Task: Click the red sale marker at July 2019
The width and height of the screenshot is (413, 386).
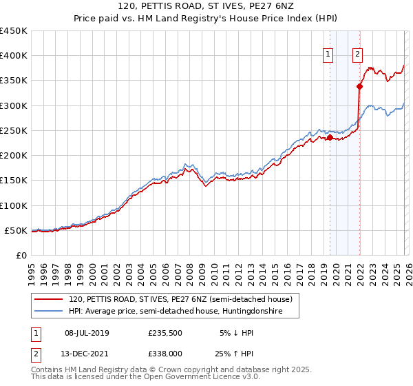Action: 330,137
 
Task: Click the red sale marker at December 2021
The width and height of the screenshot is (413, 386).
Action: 359,86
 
